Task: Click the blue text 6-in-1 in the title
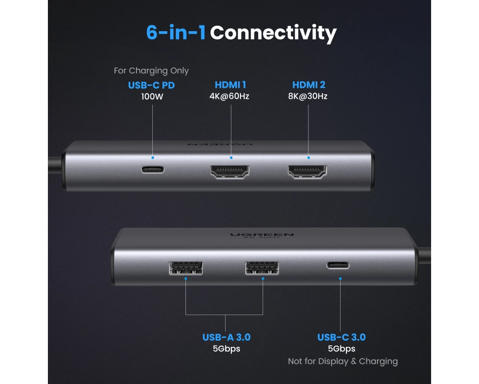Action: point(176,33)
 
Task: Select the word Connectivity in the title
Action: point(273,34)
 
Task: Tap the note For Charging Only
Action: point(151,71)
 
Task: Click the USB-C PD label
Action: point(151,85)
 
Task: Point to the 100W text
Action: point(152,96)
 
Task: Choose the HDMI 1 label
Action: point(230,85)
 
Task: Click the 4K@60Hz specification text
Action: point(229,96)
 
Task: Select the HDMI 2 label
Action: point(309,85)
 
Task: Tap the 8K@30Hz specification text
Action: point(308,96)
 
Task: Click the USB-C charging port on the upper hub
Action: point(152,169)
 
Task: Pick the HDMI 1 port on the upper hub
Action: point(230,172)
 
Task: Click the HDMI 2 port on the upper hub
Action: point(308,172)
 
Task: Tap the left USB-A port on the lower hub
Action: point(186,268)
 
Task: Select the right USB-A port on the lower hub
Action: point(262,268)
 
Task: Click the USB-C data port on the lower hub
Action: point(338,265)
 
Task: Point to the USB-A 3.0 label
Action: point(227,337)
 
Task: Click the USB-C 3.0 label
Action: point(342,337)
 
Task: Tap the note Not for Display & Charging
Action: point(343,361)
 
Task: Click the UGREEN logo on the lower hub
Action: point(262,235)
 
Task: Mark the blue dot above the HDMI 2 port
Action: point(308,158)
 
